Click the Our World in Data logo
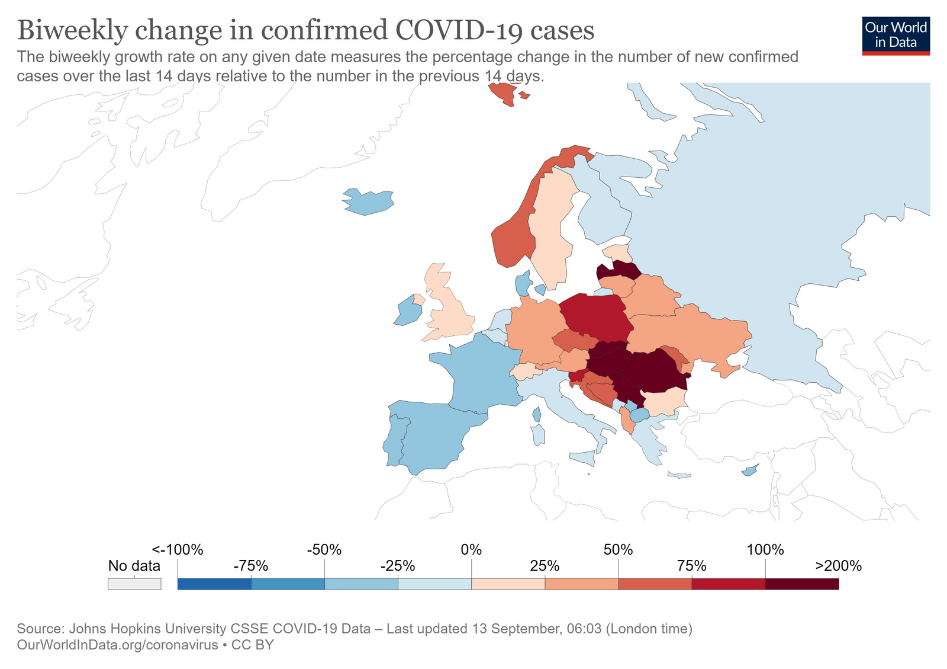point(896,36)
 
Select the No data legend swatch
point(134,584)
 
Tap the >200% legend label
point(838,565)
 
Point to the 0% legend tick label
point(471,549)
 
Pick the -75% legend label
point(251,565)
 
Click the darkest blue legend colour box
point(214,584)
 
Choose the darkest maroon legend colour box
point(801,584)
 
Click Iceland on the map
point(369,201)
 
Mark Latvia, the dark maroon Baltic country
point(619,271)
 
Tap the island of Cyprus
point(749,471)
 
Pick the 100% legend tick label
point(765,549)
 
